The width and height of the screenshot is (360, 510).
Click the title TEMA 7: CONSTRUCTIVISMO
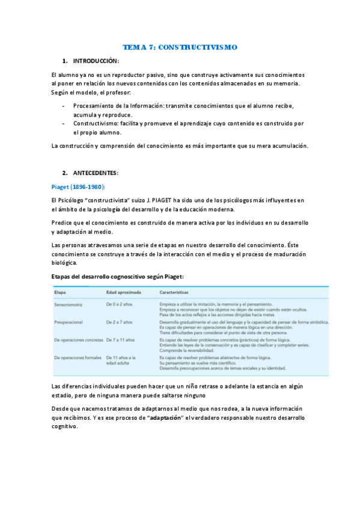pyautogui.click(x=180, y=47)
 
